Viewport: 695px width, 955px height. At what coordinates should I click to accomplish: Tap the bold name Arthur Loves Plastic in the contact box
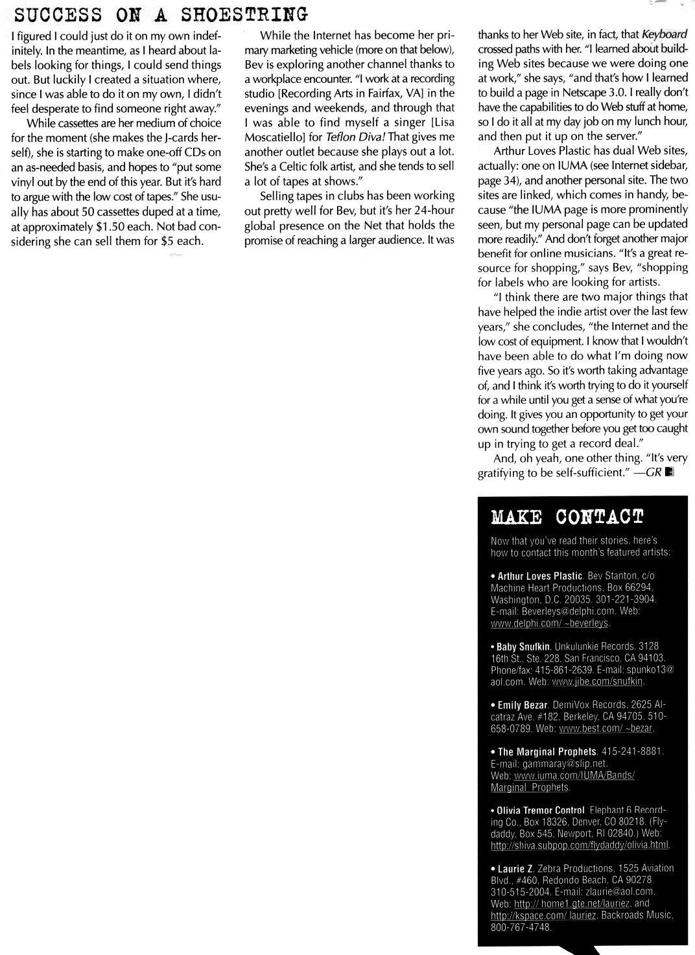tap(539, 576)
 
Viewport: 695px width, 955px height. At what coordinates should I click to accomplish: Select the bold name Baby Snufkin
tap(524, 647)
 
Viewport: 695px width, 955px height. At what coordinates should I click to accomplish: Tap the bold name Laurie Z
tap(515, 868)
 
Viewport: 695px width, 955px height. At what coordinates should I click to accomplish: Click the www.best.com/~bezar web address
tap(606, 728)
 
